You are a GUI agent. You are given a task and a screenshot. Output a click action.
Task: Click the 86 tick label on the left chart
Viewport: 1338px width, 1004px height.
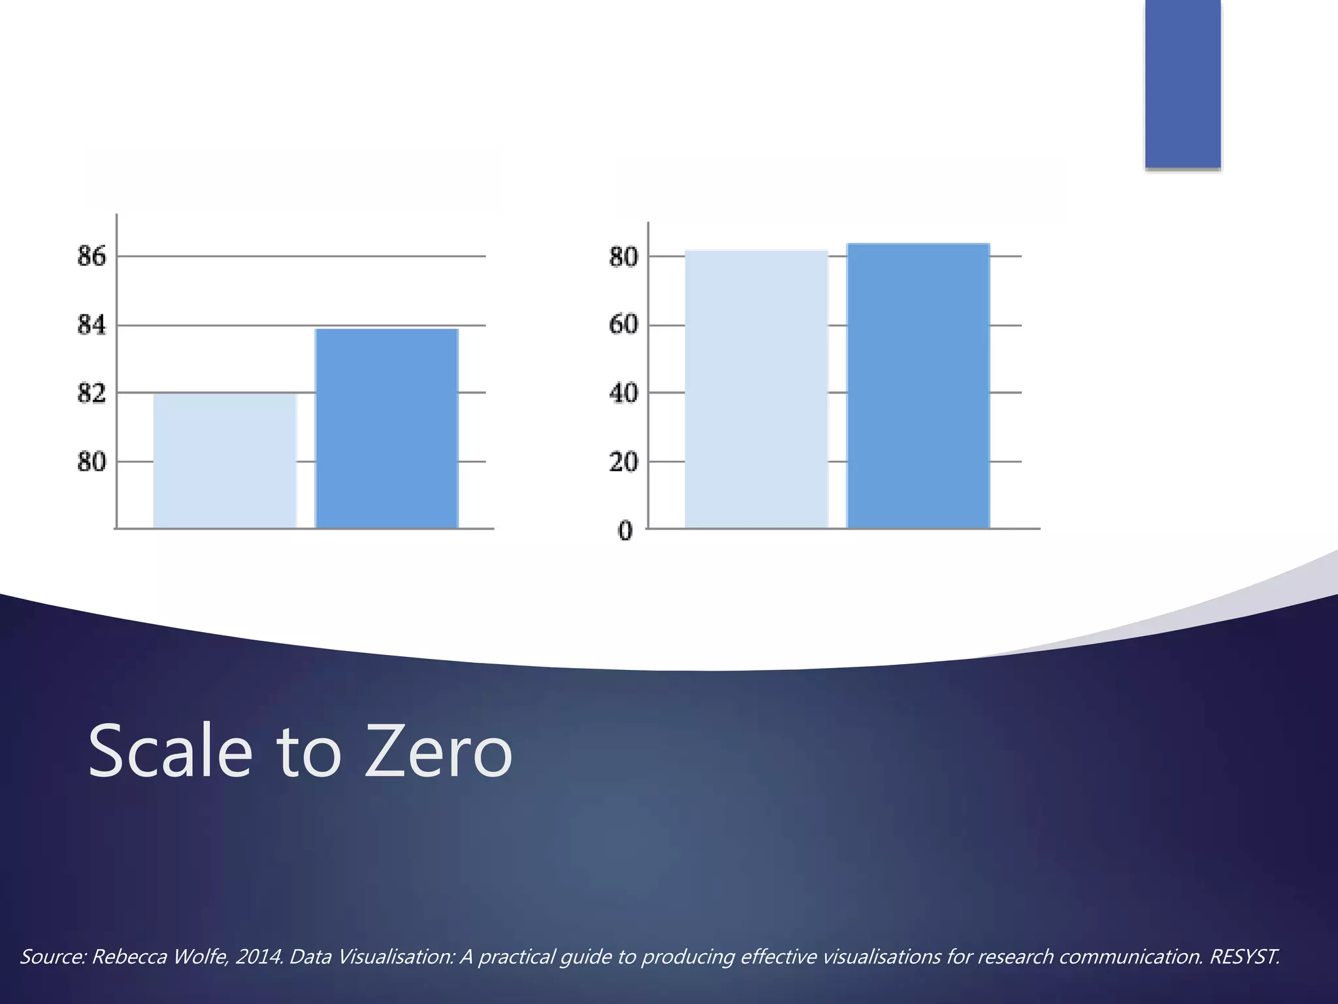(91, 256)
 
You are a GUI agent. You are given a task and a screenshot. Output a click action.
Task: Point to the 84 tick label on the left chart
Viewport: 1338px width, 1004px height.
(91, 325)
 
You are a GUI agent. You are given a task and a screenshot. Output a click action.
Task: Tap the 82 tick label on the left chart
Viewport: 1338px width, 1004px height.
(91, 393)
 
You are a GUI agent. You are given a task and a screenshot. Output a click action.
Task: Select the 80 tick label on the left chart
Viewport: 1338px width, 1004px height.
(91, 462)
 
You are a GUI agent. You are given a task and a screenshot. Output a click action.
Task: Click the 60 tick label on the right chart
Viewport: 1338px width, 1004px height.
(623, 325)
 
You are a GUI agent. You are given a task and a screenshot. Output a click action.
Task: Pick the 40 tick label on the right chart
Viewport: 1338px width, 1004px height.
(623, 393)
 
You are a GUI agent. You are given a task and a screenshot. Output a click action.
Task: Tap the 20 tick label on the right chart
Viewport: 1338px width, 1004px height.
(623, 462)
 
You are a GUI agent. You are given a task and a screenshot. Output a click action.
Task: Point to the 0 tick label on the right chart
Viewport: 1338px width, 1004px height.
(625, 531)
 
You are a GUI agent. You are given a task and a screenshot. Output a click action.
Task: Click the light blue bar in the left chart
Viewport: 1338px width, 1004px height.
(225, 461)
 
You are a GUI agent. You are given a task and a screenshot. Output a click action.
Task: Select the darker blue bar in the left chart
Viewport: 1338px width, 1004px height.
(387, 428)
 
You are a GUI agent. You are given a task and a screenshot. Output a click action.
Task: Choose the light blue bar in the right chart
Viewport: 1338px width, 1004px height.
(757, 389)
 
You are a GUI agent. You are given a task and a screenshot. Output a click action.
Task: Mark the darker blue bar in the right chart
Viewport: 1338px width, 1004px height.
(918, 386)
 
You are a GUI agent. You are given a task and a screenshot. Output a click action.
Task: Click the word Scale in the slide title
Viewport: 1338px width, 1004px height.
(170, 752)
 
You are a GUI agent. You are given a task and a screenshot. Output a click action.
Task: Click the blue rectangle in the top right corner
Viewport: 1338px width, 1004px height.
(1183, 84)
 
